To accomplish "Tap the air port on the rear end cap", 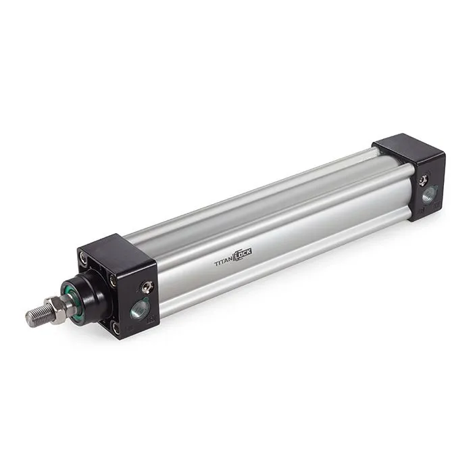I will click(428, 195).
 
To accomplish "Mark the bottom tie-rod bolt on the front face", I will click(116, 327).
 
